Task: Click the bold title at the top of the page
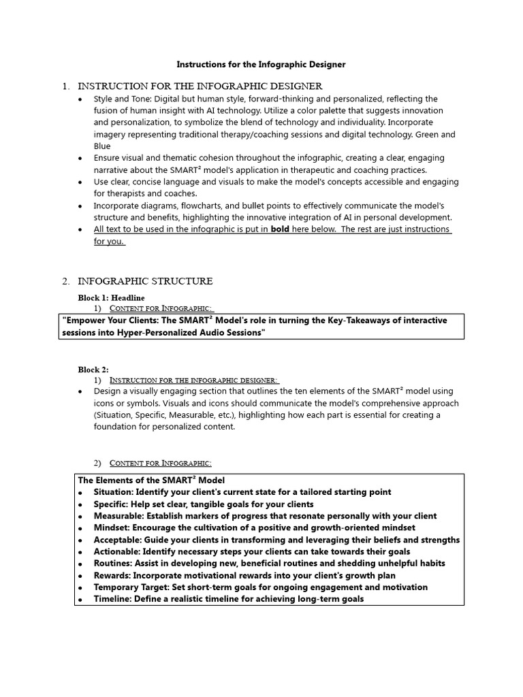261,65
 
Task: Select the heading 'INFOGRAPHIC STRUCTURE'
145,281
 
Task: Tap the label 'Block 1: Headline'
111,297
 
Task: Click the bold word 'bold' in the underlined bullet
280,229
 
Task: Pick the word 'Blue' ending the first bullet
102,146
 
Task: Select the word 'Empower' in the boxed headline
84,321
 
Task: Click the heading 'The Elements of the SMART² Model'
151,480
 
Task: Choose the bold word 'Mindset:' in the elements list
112,528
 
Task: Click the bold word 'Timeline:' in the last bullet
113,599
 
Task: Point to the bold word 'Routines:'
114,563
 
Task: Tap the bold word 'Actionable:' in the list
117,551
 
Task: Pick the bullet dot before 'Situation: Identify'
80,493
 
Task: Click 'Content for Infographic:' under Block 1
162,308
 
